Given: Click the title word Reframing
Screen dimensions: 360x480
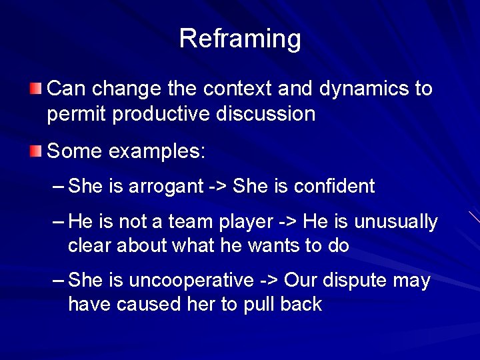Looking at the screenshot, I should click(x=240, y=39).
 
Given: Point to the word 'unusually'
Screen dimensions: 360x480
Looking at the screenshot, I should click(x=395, y=222).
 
